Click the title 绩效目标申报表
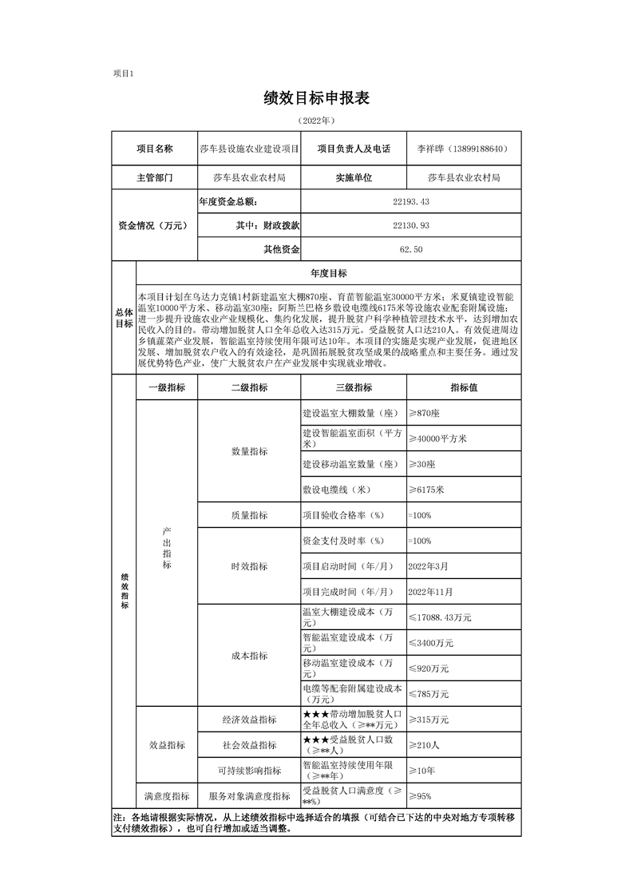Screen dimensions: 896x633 click(x=316, y=97)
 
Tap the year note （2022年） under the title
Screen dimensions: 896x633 click(x=316, y=121)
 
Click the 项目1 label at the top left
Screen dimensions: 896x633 click(x=125, y=73)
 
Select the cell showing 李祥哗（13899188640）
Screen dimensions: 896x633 click(x=463, y=149)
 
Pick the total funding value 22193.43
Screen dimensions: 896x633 click(x=411, y=202)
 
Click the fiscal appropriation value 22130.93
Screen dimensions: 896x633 click(x=411, y=226)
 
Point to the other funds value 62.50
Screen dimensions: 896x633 click(x=411, y=250)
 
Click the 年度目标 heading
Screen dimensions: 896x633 click(x=329, y=273)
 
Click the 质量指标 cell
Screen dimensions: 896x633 click(x=249, y=515)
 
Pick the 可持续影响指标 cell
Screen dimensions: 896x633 click(x=249, y=771)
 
